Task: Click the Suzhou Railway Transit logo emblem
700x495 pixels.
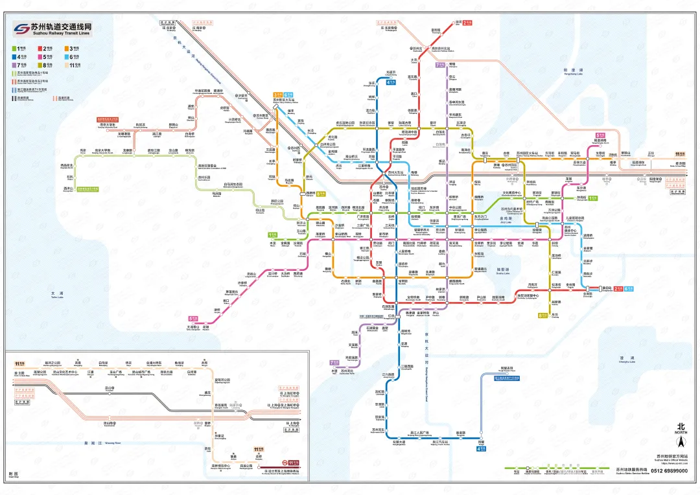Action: tap(21, 29)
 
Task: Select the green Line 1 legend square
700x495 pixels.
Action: tap(14, 47)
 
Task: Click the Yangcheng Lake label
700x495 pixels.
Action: tap(574, 71)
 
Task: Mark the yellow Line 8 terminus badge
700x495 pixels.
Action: tap(542, 316)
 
